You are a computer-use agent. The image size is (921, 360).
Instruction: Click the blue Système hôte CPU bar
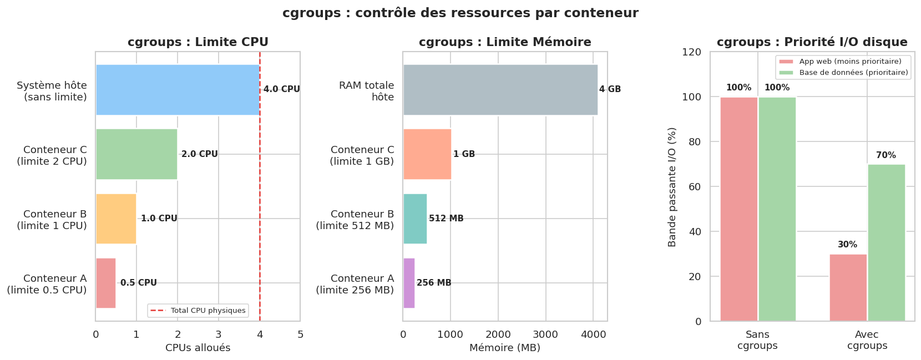tap(178, 90)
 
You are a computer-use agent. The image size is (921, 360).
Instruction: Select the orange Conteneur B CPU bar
tap(116, 219)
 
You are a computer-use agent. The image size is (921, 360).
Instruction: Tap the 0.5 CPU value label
tap(138, 283)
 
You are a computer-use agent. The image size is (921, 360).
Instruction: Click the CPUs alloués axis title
tap(198, 348)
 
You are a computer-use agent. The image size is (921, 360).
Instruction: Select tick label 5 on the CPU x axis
tap(300, 334)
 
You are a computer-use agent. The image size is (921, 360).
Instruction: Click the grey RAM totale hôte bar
tap(500, 90)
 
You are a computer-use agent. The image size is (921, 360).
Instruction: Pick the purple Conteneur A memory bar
tap(409, 283)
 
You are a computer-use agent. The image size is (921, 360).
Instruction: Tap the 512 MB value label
tap(446, 219)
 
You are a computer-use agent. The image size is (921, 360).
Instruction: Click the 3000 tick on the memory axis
tap(545, 334)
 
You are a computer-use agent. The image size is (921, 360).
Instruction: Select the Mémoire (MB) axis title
tap(504, 348)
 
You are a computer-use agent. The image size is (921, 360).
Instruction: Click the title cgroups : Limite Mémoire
tap(504, 42)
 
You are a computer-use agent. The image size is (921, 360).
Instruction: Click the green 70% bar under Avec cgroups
tap(886, 242)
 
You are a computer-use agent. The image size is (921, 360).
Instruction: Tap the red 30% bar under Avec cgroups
tap(848, 287)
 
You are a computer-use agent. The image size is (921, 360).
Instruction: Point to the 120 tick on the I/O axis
tap(691, 52)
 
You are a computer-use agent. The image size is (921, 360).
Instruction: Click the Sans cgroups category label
tap(757, 340)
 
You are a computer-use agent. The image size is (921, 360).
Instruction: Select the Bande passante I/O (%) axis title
tap(672, 187)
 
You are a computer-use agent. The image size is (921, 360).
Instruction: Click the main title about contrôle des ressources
tap(460, 13)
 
